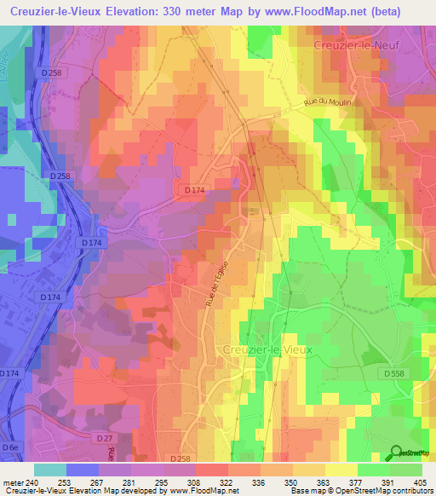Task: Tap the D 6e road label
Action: (9, 447)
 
